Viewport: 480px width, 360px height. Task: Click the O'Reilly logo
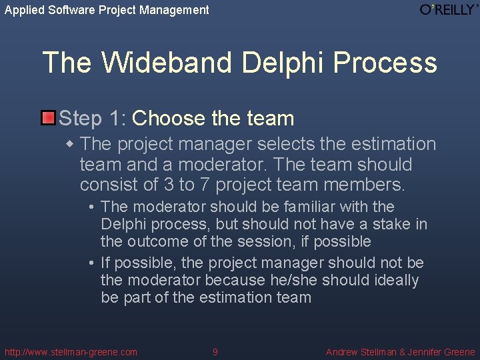[x=449, y=9]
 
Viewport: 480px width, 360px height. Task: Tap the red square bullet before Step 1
[x=48, y=119]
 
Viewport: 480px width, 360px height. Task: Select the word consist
[x=105, y=184]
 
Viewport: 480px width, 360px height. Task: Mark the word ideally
[x=395, y=280]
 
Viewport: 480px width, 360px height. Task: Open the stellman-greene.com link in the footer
[x=71, y=352]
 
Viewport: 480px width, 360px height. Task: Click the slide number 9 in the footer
[x=215, y=352]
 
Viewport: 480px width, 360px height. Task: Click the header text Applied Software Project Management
[x=107, y=10]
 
